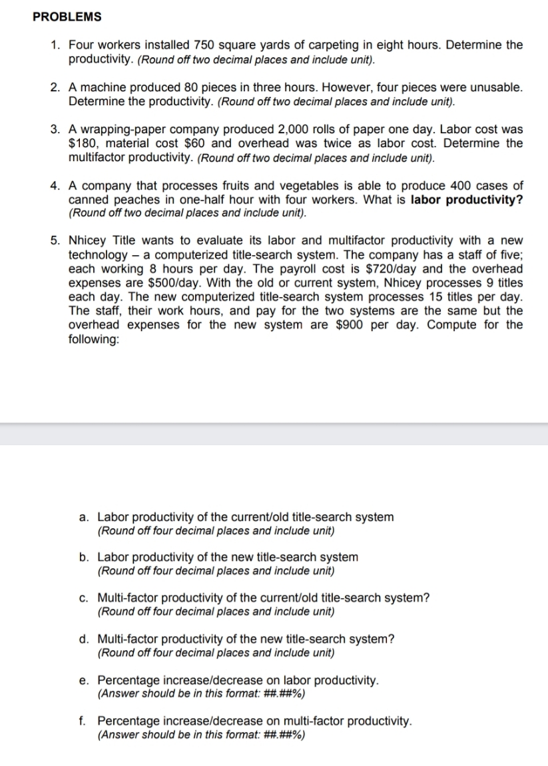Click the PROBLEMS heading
[67, 17]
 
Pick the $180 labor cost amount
[83, 143]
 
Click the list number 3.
[56, 129]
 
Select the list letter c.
[83, 597]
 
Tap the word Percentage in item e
[128, 681]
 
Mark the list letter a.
[83, 517]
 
